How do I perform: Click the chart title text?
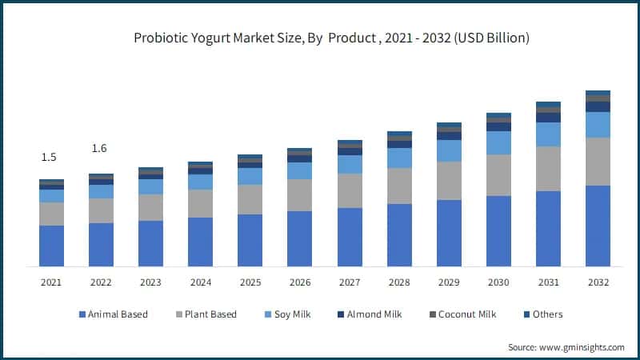tap(320, 38)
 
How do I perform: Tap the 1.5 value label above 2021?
tap(49, 158)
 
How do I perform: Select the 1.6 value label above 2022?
tap(99, 148)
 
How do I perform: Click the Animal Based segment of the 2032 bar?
tap(598, 226)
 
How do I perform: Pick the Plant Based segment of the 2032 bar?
tap(598, 161)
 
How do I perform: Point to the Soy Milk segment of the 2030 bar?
tap(498, 142)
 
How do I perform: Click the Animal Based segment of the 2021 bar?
tap(51, 246)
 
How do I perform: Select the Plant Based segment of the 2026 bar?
tap(299, 194)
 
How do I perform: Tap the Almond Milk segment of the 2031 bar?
tap(548, 118)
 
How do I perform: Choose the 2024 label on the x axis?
tap(200, 282)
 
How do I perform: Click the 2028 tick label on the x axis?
tap(399, 282)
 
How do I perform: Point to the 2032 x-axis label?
tap(598, 282)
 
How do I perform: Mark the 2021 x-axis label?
tap(51, 282)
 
